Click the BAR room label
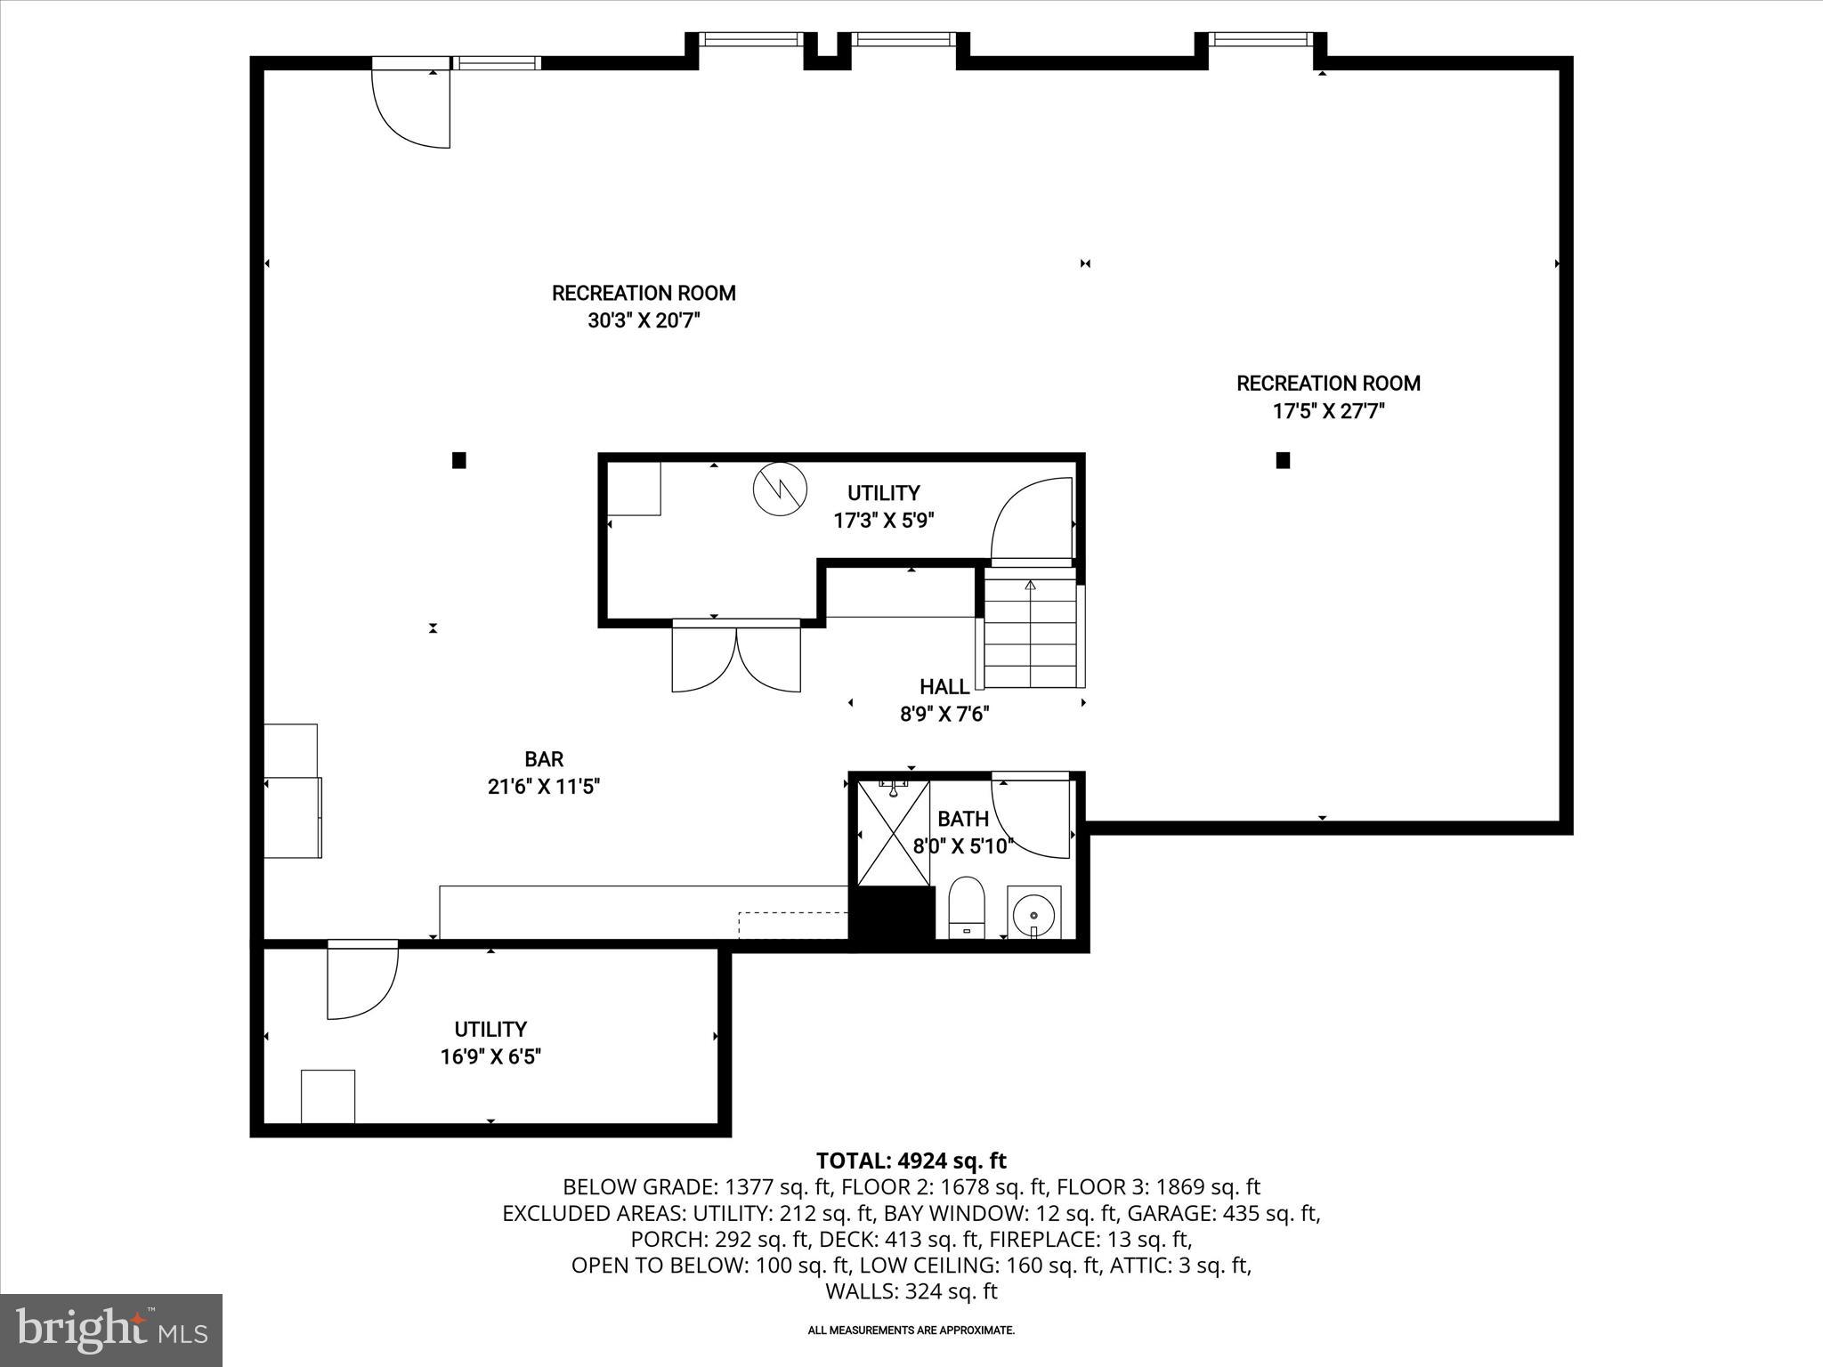(x=543, y=759)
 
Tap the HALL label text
(x=944, y=686)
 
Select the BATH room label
(x=962, y=819)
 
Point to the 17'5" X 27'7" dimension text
(x=1328, y=411)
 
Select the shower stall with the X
(x=893, y=833)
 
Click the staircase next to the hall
(x=1031, y=633)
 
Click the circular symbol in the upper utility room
(x=780, y=489)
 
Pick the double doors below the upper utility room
(x=736, y=659)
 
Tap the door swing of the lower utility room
(x=361, y=982)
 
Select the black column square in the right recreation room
(x=1283, y=460)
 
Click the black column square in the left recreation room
(x=459, y=460)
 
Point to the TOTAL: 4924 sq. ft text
(x=911, y=1161)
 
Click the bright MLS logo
(x=111, y=1330)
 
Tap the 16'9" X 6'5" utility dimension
(x=490, y=1057)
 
